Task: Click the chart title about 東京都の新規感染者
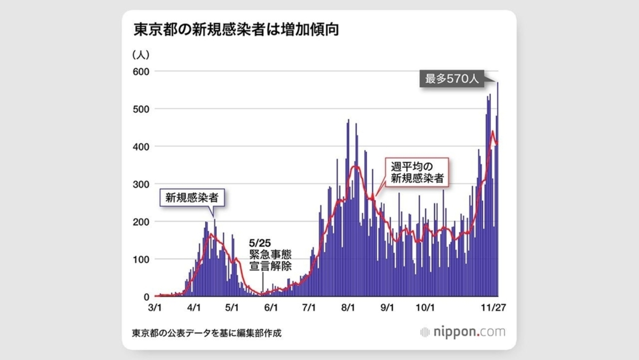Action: click(x=236, y=30)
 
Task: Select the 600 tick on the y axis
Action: click(x=141, y=71)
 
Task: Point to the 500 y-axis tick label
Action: click(x=141, y=109)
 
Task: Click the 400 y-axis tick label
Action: click(x=141, y=147)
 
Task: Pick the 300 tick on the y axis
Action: click(x=141, y=184)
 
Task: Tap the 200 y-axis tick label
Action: click(x=141, y=222)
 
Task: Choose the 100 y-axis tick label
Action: click(x=141, y=259)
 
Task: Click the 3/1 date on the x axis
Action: click(x=155, y=308)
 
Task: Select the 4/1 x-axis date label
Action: click(x=194, y=308)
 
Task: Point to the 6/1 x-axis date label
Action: click(x=271, y=308)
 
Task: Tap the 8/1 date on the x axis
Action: click(x=348, y=308)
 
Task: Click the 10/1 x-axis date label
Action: click(x=425, y=308)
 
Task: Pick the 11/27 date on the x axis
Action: click(x=493, y=308)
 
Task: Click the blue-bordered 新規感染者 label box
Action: click(x=192, y=198)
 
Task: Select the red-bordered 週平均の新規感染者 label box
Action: click(x=417, y=172)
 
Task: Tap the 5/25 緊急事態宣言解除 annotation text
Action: click(x=270, y=255)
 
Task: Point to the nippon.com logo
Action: click(x=463, y=332)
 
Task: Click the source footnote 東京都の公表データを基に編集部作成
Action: click(x=207, y=333)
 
